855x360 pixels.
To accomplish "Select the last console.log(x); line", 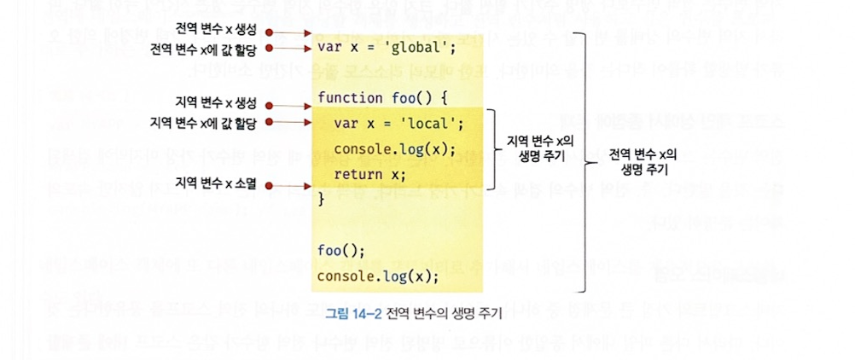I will [x=377, y=276].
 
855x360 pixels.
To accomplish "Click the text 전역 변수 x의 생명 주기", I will [x=643, y=162].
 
